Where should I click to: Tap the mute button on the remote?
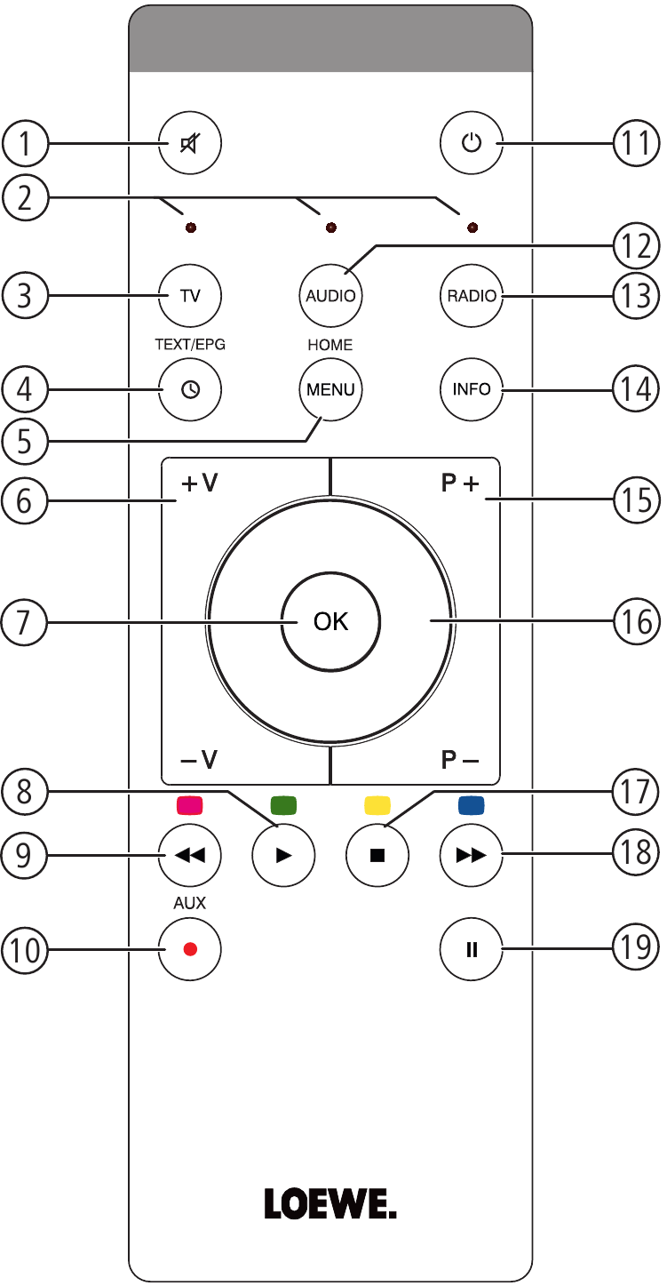(189, 143)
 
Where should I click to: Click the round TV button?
(189, 295)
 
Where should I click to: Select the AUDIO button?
(330, 295)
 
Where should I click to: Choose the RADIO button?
(472, 295)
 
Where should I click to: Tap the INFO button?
(472, 388)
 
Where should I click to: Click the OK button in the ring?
(330, 621)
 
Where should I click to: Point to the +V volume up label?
(200, 485)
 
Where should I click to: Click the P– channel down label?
(460, 759)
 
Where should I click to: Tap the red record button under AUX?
(189, 947)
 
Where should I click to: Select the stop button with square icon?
(377, 856)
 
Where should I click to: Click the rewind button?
(189, 856)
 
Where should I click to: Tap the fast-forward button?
(472, 856)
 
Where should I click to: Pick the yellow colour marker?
(377, 806)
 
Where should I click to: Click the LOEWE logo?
(330, 1205)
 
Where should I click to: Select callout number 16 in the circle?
(637, 621)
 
